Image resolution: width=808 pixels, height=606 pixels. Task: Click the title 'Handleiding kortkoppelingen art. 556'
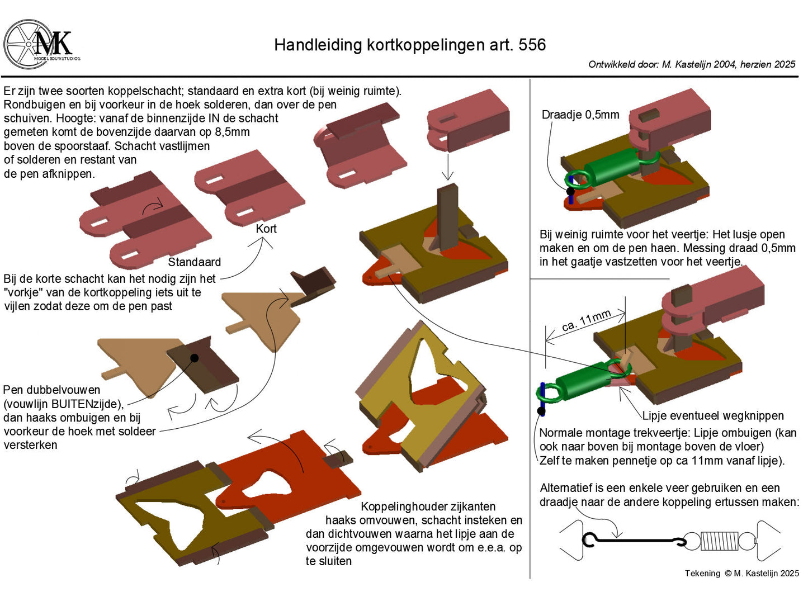tap(409, 45)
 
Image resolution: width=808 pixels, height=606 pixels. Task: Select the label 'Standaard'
tap(194, 262)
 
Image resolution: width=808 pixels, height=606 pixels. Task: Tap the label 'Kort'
tap(266, 229)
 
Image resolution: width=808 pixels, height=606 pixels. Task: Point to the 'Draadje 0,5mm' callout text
tap(580, 115)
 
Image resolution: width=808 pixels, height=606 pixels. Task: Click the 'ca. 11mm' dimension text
tap(586, 321)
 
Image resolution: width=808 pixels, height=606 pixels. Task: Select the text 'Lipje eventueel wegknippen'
tap(712, 416)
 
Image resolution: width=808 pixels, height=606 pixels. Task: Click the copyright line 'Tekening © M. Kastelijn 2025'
tap(741, 573)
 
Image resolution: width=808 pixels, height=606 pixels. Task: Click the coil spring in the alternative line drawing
tap(719, 541)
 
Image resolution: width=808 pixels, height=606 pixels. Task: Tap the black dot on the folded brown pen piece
tap(194, 358)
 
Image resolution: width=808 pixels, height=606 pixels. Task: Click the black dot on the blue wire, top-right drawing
tap(570, 191)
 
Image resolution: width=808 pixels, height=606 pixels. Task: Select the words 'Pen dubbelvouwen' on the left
tap(52, 390)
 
